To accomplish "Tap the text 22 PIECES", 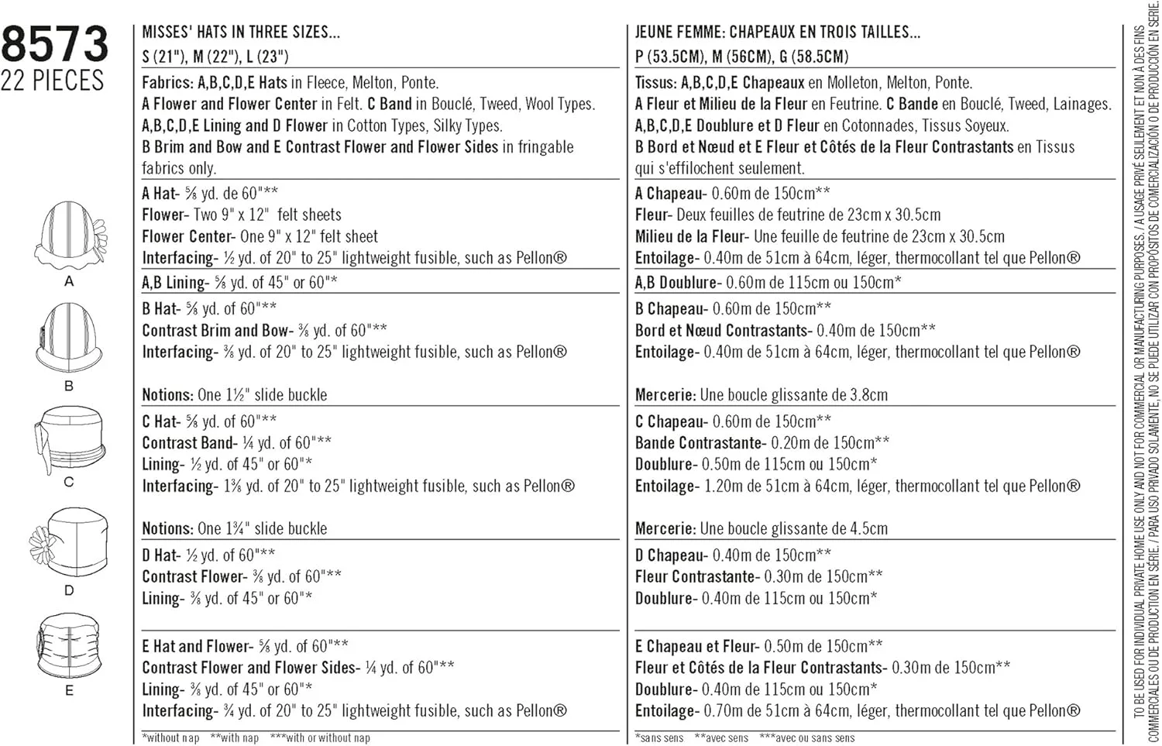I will click(x=52, y=81).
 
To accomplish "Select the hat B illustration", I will click(x=69, y=338).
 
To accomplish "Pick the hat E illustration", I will click(x=68, y=645).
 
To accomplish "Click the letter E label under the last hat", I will click(x=69, y=690).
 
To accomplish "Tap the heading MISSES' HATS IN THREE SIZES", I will click(x=241, y=33).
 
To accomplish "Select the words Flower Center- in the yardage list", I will click(x=188, y=237).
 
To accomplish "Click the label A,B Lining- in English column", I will click(x=176, y=283).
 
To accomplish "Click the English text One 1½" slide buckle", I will click(x=262, y=395).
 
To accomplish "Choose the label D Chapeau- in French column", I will click(x=671, y=555).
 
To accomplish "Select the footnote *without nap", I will click(x=170, y=738).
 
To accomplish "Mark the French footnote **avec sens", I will click(x=721, y=738).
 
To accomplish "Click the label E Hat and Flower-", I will click(x=198, y=646).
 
